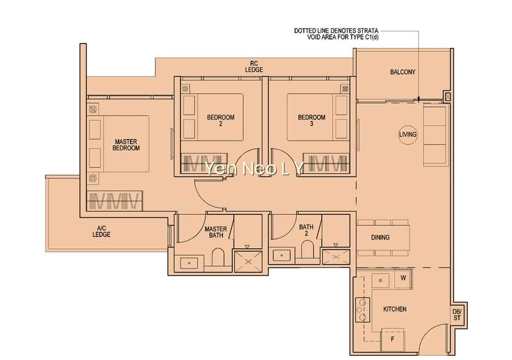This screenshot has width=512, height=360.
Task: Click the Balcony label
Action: coord(403,72)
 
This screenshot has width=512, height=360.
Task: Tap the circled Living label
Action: coord(408,134)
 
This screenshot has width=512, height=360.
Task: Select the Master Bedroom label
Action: coord(126,145)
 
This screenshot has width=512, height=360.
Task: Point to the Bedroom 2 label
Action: coord(221,120)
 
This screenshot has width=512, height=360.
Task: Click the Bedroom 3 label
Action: coord(312,120)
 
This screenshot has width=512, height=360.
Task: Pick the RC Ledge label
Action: coord(254,67)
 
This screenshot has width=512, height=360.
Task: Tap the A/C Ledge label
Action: coord(101,231)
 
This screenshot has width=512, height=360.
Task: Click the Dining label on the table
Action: coord(380,238)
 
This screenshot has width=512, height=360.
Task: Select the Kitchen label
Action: coord(395,309)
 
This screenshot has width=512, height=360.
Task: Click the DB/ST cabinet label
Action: coord(457,315)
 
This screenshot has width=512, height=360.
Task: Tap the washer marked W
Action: coord(403,278)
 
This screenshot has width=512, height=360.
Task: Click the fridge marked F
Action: coord(393,340)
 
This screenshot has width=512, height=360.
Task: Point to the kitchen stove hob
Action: coord(362,309)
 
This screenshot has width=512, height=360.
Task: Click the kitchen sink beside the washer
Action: coord(380,280)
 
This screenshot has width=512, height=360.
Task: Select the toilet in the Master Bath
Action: coord(218,258)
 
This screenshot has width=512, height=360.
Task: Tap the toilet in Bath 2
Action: coord(307,249)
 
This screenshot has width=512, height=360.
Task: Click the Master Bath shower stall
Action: coord(248,262)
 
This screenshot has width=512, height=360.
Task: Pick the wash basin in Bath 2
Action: coord(282,255)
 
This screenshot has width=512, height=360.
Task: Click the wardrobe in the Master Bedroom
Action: coord(115,200)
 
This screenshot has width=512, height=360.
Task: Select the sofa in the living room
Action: coord(435,135)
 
